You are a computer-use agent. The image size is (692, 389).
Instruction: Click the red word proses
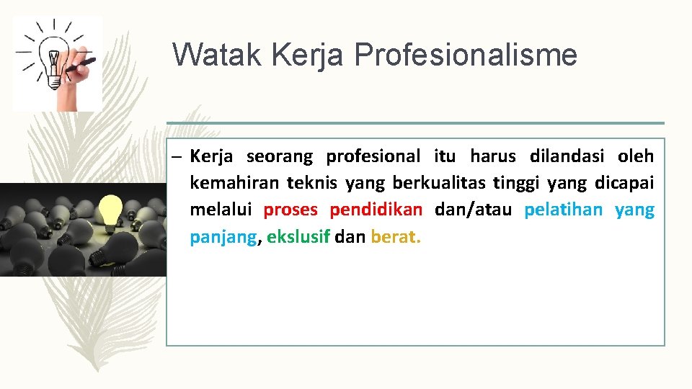(x=292, y=210)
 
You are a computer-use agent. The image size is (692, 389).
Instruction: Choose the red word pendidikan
(x=376, y=210)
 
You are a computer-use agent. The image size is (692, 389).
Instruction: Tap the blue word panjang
(x=223, y=238)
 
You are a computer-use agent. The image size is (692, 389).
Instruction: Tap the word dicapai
(x=624, y=184)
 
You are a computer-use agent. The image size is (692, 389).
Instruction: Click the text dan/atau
(x=473, y=210)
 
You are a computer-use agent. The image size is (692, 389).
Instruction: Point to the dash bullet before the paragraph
(x=177, y=156)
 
